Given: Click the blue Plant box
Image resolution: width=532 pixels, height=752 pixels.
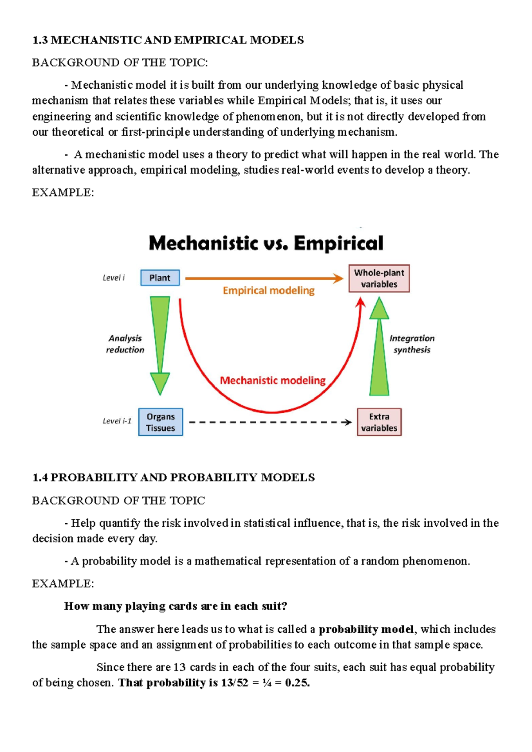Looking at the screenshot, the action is (160, 278).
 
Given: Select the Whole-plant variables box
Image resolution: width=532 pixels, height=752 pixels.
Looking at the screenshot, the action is (379, 278).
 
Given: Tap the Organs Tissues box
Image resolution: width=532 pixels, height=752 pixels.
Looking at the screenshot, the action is (160, 422).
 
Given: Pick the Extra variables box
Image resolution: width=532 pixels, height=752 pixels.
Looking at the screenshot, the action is (379, 422).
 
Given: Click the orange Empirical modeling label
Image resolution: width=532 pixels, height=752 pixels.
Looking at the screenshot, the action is (269, 290).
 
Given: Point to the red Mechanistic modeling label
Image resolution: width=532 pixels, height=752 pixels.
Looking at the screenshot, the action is (273, 380).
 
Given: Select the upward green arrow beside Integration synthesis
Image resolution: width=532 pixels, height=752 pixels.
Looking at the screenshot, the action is (379, 346).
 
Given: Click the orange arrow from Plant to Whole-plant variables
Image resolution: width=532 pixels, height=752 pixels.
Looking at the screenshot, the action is (264, 278).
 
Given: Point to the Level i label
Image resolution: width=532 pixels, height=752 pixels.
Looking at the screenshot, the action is (113, 278).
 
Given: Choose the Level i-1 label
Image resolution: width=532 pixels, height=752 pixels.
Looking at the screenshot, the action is (117, 421).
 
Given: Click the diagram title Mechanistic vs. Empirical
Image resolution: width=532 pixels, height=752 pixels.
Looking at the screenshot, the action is (266, 243).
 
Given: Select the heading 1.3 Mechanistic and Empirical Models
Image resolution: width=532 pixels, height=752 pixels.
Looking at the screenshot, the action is (168, 40).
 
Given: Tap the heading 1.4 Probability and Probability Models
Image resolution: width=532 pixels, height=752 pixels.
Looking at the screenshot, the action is (173, 478).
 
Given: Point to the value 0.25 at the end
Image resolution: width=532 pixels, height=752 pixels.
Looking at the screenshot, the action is (297, 683).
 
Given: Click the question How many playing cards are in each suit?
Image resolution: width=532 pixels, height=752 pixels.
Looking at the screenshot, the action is (176, 606).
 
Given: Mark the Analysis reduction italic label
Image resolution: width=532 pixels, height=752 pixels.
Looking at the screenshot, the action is (125, 344).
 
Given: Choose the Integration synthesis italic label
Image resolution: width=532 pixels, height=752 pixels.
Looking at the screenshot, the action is (412, 344).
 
